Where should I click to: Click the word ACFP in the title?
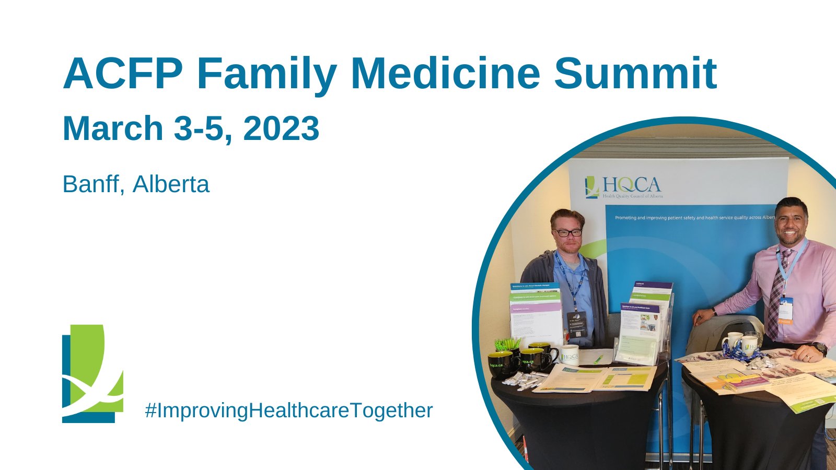(122, 74)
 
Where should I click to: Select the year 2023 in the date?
(281, 128)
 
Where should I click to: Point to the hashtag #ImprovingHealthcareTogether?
(288, 410)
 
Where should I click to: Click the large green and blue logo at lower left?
(92, 373)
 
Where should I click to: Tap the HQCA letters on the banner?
(631, 184)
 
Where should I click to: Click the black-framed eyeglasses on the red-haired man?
(567, 232)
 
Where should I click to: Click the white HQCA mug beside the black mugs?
(568, 355)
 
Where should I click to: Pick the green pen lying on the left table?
(598, 359)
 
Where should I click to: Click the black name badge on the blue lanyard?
(577, 323)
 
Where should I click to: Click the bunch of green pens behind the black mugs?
(507, 344)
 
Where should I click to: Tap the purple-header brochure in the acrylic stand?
(652, 287)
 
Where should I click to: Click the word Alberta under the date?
(171, 184)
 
